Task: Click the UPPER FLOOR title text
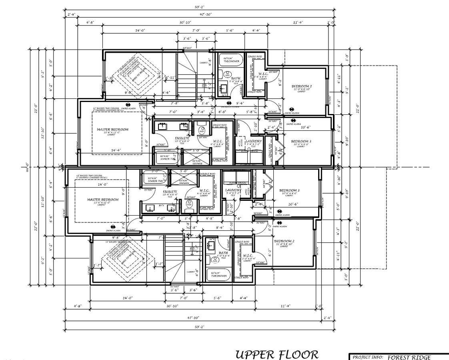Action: click(277, 354)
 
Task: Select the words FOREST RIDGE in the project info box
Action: click(409, 357)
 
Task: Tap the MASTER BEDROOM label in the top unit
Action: click(112, 130)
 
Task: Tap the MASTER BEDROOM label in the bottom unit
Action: click(103, 199)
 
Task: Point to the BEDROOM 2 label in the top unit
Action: click(301, 87)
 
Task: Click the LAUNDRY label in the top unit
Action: click(254, 141)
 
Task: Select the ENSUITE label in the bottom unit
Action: click(170, 192)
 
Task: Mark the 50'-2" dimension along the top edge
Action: click(199, 7)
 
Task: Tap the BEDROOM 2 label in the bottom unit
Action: click(284, 242)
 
